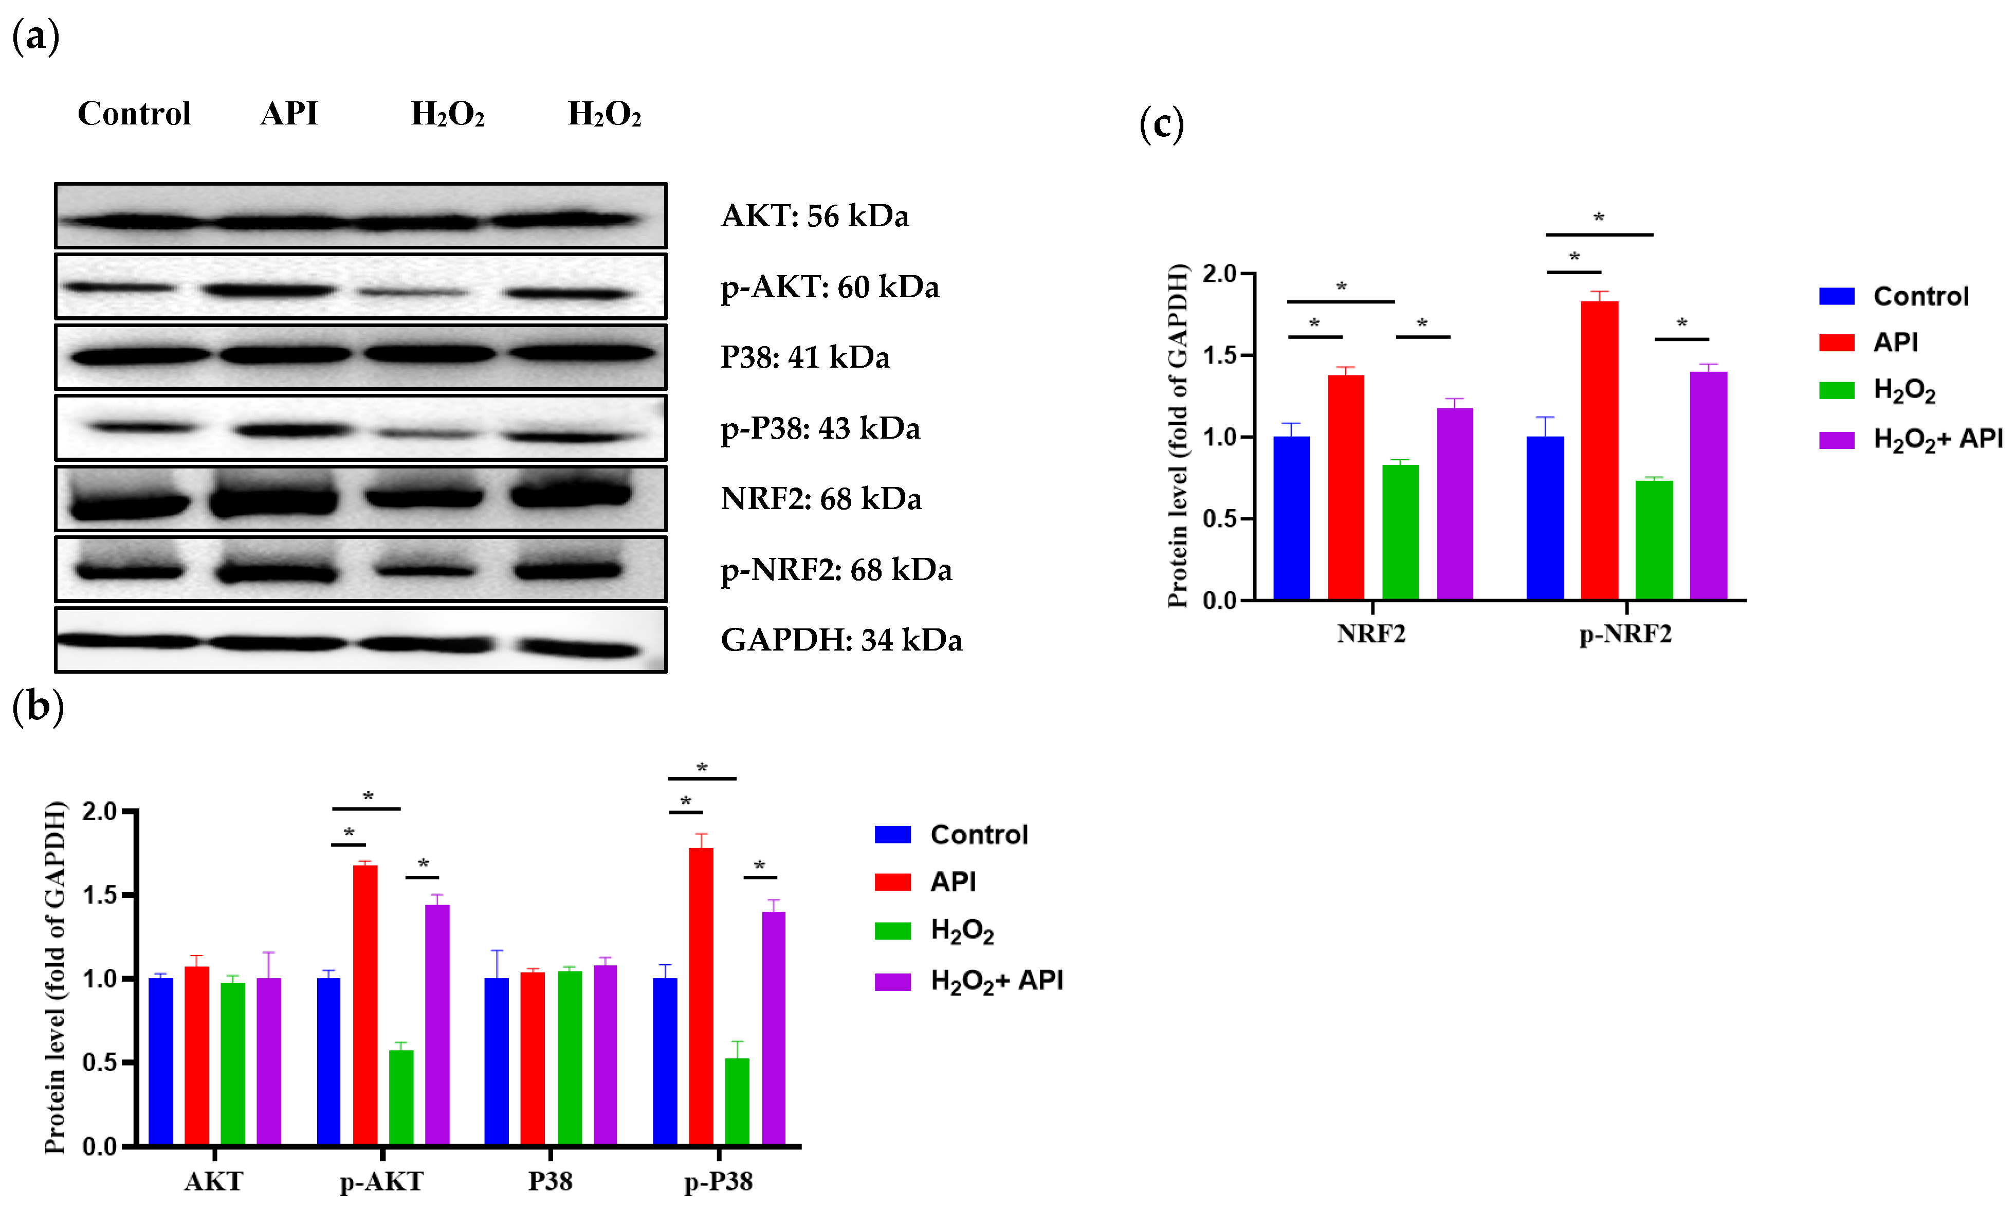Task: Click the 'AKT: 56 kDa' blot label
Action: pos(814,216)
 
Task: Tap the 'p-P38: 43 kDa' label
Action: pos(820,428)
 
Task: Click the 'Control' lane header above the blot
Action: pos(134,113)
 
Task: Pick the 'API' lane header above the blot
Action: pos(289,113)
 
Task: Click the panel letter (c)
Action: pos(1161,124)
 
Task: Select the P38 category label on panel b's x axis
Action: pos(550,1181)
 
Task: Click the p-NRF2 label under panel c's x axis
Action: pos(1625,634)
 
